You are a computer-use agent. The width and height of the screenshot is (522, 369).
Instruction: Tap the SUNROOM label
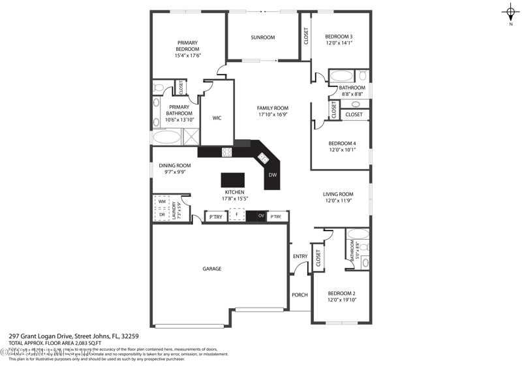click(x=263, y=37)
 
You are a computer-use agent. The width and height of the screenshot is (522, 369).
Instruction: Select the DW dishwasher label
click(x=273, y=175)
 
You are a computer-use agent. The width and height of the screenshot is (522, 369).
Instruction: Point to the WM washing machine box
click(x=162, y=202)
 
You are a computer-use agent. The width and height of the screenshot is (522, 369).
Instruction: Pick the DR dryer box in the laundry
click(x=162, y=214)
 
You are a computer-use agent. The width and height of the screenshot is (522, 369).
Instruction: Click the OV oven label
click(x=260, y=216)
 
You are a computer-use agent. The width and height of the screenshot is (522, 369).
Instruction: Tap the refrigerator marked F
click(x=237, y=216)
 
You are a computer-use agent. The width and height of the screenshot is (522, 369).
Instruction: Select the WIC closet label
click(x=217, y=118)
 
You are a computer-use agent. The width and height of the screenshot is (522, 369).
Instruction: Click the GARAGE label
click(x=211, y=268)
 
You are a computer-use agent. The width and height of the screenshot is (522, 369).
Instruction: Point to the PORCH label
click(x=299, y=295)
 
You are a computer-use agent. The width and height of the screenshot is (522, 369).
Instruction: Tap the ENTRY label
click(x=300, y=256)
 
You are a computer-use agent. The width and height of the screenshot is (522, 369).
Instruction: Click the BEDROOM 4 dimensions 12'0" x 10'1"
click(x=342, y=150)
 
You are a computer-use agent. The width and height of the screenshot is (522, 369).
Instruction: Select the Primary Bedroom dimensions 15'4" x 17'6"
click(x=187, y=56)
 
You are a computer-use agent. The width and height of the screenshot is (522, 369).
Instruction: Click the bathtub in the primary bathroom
click(x=167, y=138)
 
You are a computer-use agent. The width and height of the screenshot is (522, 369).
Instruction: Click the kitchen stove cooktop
click(x=227, y=152)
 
